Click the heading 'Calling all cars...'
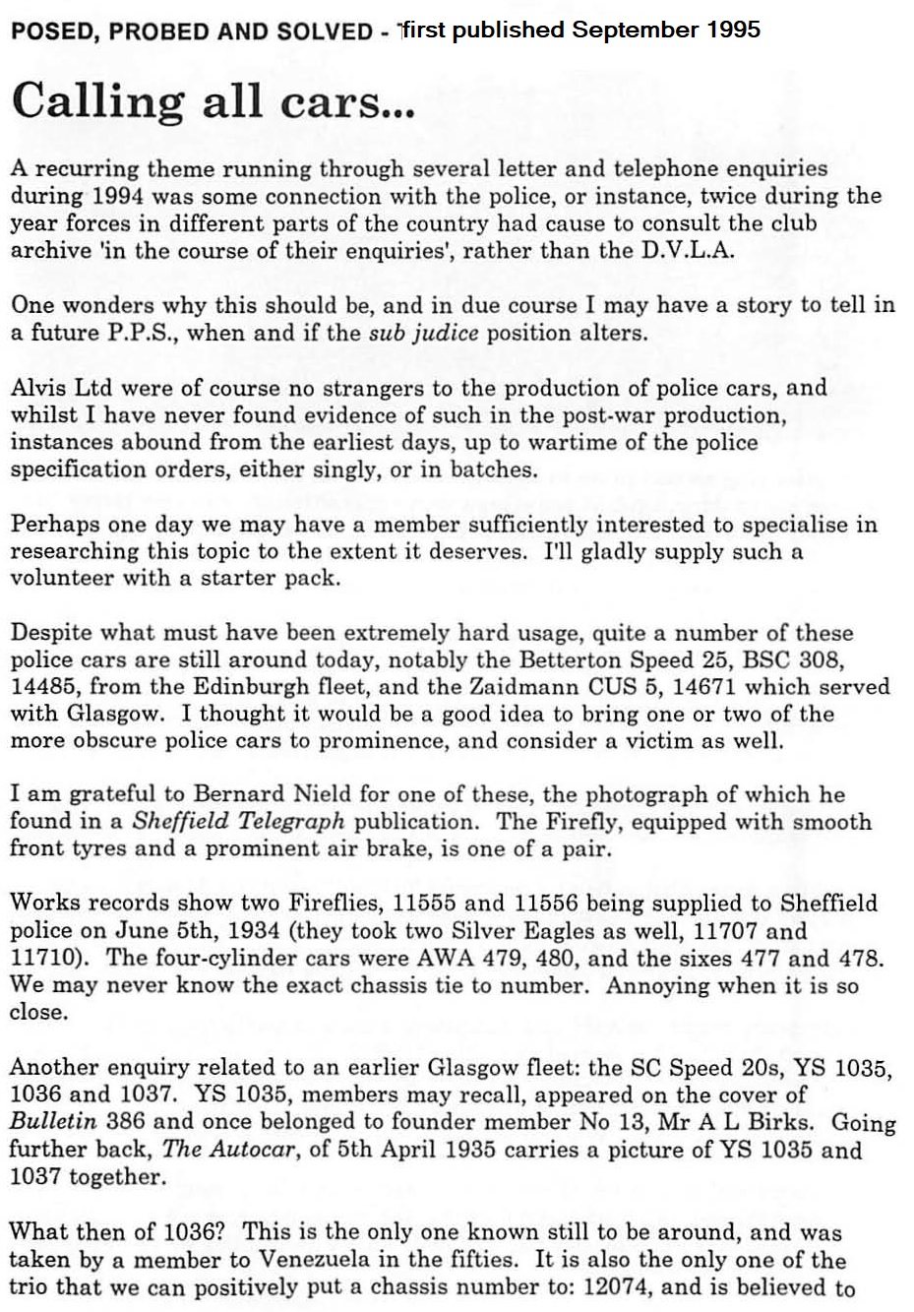[x=213, y=102]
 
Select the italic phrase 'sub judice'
[x=423, y=332]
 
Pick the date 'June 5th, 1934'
[x=198, y=930]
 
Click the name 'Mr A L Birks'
[x=752, y=1121]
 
